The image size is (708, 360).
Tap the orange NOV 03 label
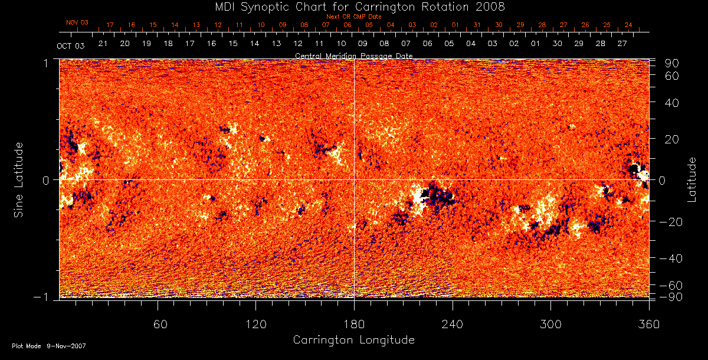pyautogui.click(x=77, y=22)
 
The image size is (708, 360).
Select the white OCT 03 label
pyautogui.click(x=68, y=45)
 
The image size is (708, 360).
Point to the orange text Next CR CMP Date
pyautogui.click(x=353, y=17)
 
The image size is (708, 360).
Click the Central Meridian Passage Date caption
pyautogui.click(x=353, y=55)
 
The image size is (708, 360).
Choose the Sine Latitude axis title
pyautogui.click(x=20, y=179)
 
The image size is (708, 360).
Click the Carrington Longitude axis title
pyautogui.click(x=353, y=340)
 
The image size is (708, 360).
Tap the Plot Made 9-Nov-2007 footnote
pyautogui.click(x=49, y=346)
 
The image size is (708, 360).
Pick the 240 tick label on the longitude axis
pyautogui.click(x=453, y=324)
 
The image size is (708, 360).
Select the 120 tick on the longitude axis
pyautogui.click(x=255, y=324)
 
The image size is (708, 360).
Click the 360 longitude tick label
pyautogui.click(x=648, y=324)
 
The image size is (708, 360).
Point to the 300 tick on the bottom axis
pyautogui.click(x=550, y=324)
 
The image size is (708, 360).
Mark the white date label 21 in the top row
pyautogui.click(x=103, y=44)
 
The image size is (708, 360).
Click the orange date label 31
pyautogui.click(x=477, y=25)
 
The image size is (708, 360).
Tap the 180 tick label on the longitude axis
pyautogui.click(x=353, y=324)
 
